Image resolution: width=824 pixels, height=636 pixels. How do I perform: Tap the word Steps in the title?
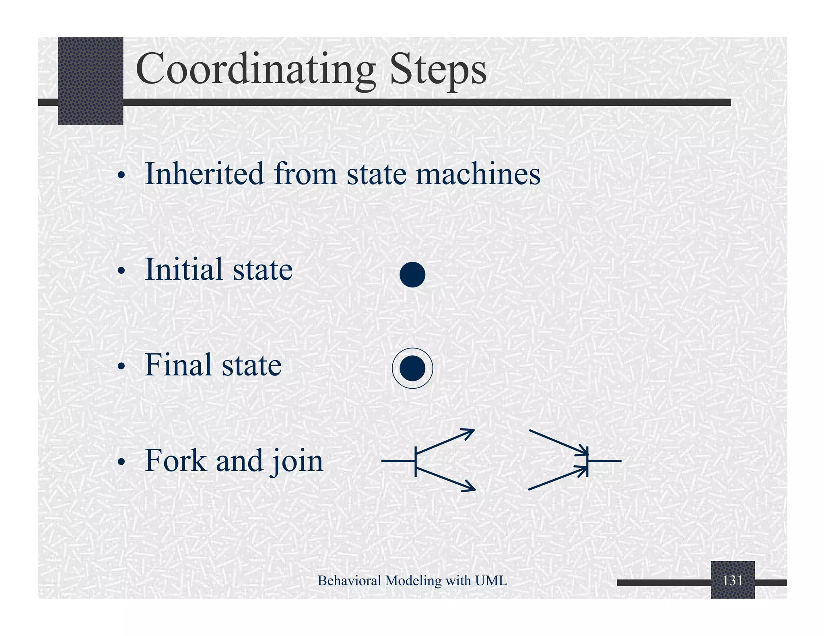coord(438,69)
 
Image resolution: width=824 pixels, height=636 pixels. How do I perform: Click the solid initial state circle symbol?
coord(412,275)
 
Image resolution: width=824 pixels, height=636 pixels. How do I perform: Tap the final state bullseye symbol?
coord(412,368)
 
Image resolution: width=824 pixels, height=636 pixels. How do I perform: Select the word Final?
coord(178,365)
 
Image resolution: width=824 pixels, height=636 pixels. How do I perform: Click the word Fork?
coord(175,460)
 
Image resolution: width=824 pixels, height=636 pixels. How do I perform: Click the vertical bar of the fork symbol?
coord(416,461)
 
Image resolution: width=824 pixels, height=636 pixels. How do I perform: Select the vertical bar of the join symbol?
coord(587,461)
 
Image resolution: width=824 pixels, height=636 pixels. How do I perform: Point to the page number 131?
coord(732,581)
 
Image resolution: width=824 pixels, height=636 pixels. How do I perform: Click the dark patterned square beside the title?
coord(91,80)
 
